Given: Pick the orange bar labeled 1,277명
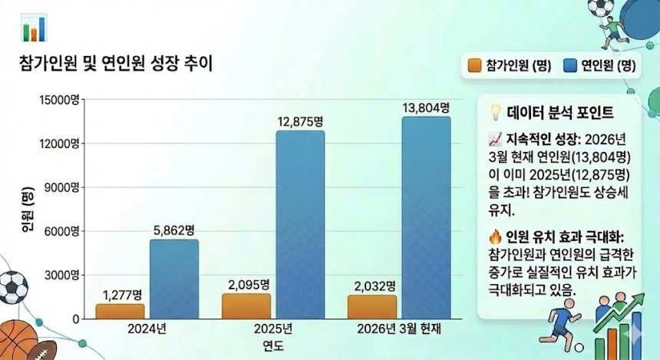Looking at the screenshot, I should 120,311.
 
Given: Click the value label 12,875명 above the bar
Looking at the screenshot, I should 300,121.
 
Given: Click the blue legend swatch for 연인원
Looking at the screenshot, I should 569,65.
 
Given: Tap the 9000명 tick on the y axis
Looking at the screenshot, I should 65,187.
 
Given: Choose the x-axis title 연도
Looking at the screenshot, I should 272,345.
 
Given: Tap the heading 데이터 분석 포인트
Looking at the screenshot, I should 559,113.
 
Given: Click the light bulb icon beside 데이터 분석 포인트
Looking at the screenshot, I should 496,112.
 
